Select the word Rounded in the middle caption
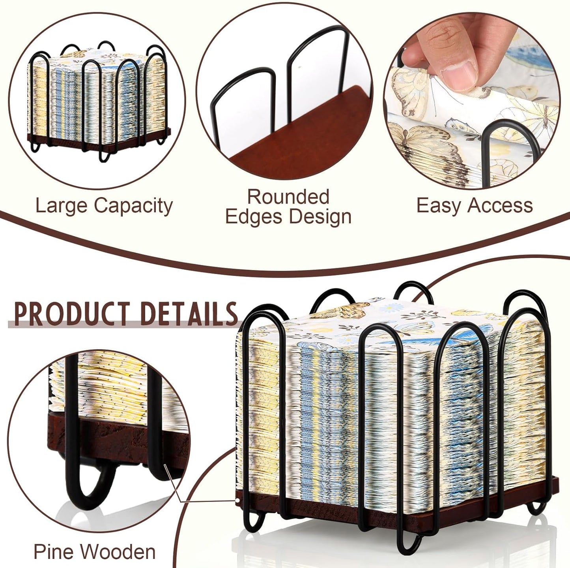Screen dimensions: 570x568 tap(288, 197)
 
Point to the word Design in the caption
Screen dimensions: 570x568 tap(320, 217)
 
